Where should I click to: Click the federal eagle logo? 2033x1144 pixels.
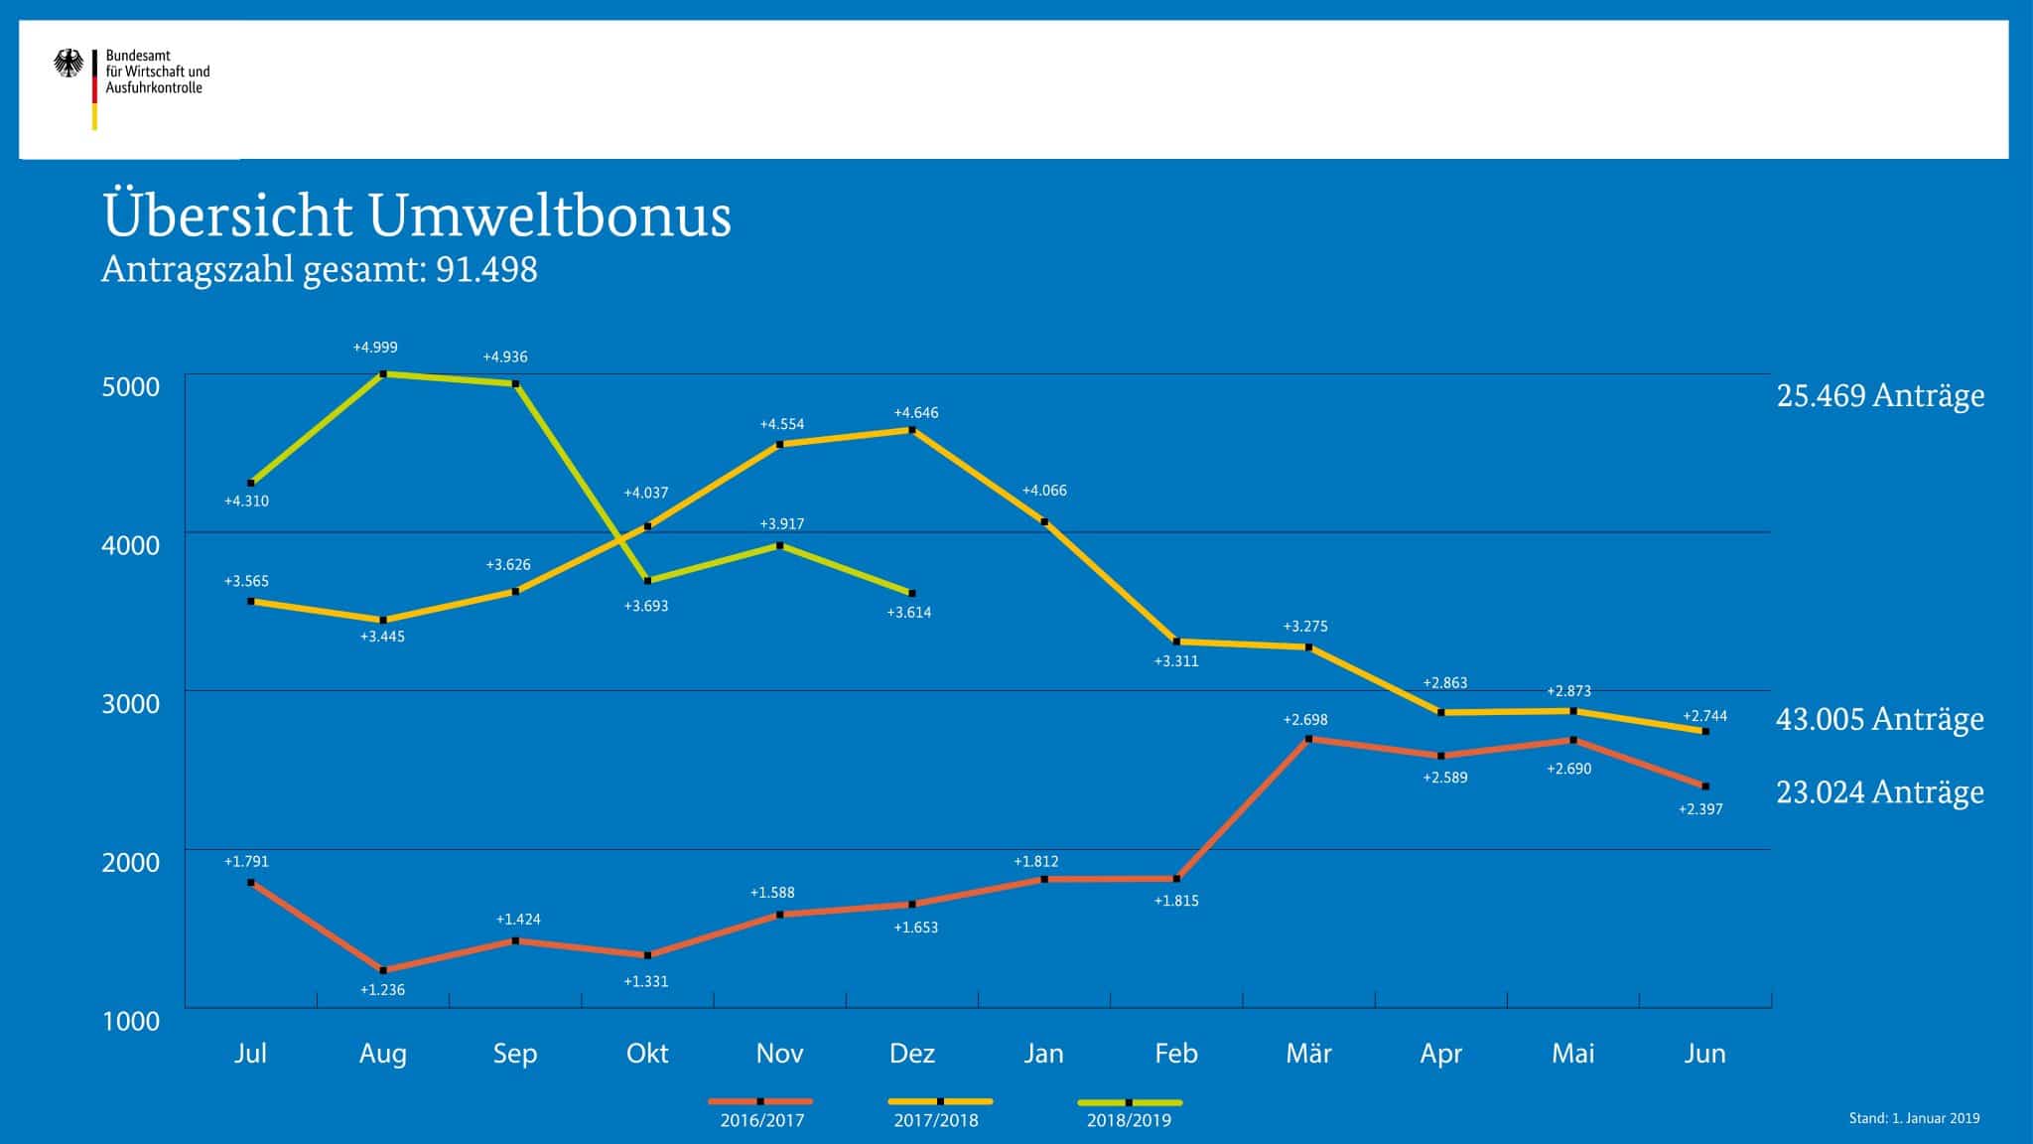click(68, 65)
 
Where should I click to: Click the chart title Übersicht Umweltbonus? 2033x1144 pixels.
click(417, 215)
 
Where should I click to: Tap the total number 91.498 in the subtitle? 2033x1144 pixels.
click(486, 269)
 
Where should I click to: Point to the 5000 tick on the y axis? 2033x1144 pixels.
click(130, 386)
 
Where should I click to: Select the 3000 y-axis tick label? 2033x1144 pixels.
click(130, 704)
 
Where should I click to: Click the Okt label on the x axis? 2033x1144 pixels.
click(647, 1053)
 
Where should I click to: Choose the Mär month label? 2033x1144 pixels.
click(1308, 1053)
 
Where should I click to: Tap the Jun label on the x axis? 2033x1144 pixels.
click(1704, 1053)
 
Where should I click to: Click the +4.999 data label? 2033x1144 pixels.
click(375, 348)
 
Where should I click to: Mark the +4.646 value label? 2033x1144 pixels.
click(915, 413)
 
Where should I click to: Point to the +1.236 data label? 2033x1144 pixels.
click(382, 990)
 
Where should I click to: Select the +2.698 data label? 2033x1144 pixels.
click(1304, 720)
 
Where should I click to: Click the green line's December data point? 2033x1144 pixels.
click(912, 593)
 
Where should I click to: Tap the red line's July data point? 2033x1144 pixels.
click(250, 882)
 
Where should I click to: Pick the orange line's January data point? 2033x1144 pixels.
click(1044, 521)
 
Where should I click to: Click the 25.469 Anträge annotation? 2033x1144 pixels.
click(1880, 395)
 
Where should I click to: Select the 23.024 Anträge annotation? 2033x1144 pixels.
click(1880, 792)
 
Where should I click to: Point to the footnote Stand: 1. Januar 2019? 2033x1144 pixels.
click(1914, 1118)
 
